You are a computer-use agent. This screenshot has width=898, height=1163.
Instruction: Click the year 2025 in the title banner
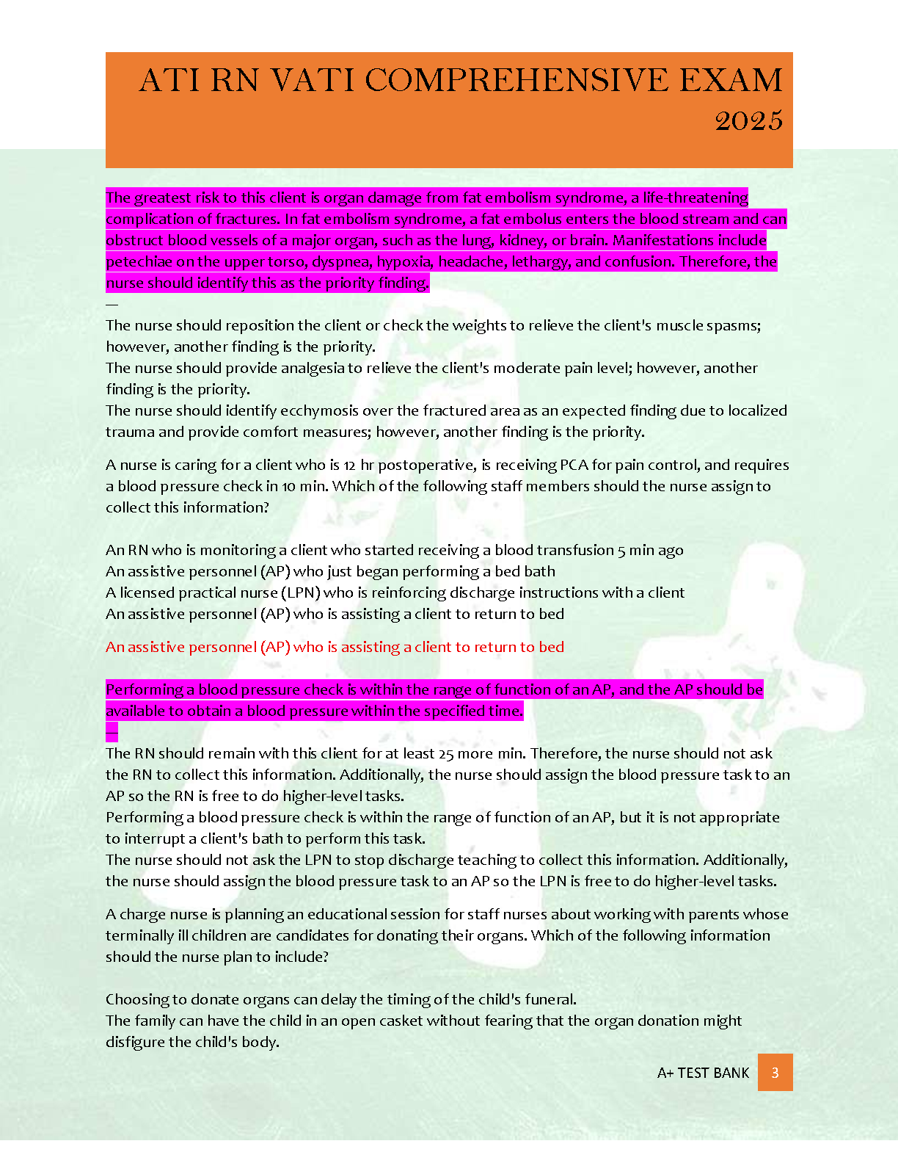coord(748,120)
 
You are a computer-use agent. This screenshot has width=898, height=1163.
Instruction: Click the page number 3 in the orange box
coord(775,1073)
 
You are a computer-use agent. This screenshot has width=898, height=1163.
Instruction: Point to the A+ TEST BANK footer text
coord(703,1073)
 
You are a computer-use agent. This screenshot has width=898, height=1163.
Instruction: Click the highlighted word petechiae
coord(134,261)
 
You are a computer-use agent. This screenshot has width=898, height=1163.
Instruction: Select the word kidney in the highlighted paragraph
coord(522,240)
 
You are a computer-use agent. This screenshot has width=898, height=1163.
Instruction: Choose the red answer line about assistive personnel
coord(335,647)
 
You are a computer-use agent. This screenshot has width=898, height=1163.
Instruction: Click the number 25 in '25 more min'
coord(446,753)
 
